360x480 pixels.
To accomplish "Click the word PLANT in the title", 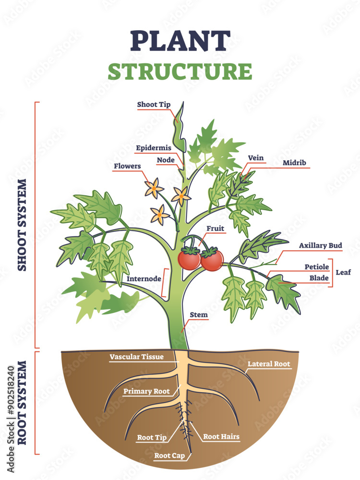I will (180, 41).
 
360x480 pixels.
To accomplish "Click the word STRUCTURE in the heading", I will (180, 71).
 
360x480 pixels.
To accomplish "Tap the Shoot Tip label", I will (154, 105).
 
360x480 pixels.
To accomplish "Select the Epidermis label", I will (154, 148).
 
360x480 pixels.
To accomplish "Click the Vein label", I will (255, 158).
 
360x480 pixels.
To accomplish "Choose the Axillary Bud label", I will (321, 246).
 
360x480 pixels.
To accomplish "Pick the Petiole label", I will (317, 266).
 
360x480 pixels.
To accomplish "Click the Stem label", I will (199, 315).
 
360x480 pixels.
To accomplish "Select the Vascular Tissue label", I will (137, 357).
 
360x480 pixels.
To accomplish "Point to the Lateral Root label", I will (269, 364).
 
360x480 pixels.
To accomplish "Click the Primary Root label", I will (146, 391).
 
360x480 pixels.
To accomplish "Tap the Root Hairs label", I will (221, 437).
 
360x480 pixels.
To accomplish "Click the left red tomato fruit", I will (189, 260).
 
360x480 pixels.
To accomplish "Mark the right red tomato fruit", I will (212, 260).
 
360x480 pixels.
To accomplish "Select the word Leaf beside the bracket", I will (343, 272).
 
